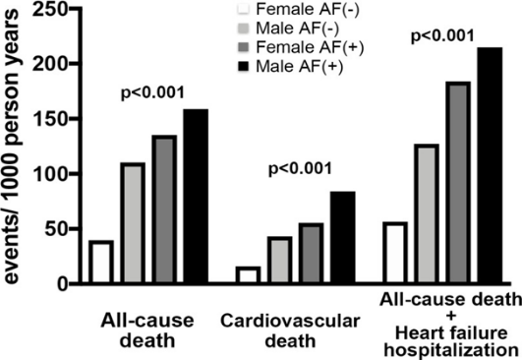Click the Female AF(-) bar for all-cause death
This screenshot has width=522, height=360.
click(x=101, y=262)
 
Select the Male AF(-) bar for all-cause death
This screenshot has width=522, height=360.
click(x=133, y=223)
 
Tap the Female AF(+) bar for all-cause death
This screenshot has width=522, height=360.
click(x=164, y=210)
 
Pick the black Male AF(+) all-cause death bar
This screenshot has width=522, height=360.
click(x=196, y=196)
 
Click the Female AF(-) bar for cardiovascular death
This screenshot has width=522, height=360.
click(x=248, y=274)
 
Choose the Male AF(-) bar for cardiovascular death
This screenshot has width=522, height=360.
click(x=279, y=260)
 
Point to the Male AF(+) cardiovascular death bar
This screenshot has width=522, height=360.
click(x=342, y=237)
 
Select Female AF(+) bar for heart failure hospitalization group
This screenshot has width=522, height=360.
click(x=458, y=182)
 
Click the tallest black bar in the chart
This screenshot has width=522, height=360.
click(x=490, y=165)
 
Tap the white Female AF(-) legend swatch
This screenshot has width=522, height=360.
click(x=244, y=9)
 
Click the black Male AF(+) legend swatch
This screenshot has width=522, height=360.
click(x=244, y=66)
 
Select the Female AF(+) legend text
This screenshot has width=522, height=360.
click(x=310, y=47)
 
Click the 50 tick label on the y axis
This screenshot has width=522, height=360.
click(x=56, y=229)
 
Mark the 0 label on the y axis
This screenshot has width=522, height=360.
click(x=62, y=284)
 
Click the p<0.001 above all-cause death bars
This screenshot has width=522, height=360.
click(x=152, y=93)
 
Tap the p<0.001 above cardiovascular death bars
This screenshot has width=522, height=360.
click(x=300, y=169)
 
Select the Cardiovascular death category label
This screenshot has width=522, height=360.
click(x=290, y=330)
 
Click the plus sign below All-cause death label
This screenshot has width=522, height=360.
click(x=451, y=316)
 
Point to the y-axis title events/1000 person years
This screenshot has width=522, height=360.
click(x=13, y=147)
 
